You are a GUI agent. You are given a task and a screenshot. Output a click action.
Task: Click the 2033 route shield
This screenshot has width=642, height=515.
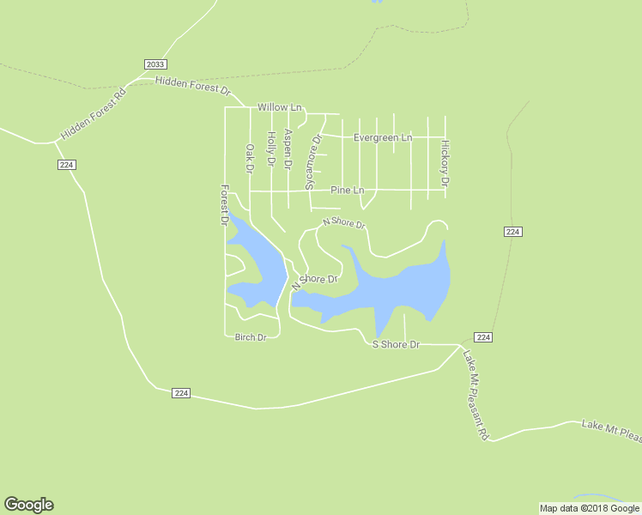point(155,64)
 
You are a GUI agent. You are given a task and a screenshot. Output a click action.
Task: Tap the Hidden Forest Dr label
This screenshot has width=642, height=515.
point(193,85)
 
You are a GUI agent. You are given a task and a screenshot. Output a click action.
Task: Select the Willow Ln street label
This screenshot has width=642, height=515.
point(280,108)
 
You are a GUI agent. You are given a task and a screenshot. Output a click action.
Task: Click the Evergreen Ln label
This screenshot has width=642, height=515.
point(383,137)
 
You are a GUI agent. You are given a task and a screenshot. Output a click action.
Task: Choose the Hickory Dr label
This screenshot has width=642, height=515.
point(445,163)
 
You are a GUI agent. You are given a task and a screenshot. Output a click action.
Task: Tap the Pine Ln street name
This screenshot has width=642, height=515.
point(347,190)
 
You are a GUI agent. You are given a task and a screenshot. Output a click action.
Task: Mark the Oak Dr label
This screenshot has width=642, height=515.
point(250,160)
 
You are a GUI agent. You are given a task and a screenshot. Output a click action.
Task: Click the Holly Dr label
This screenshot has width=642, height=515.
point(270,148)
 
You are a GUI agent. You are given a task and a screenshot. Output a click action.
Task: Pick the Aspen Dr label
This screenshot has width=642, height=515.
point(288,148)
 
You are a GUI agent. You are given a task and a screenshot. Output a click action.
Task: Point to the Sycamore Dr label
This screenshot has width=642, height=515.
point(313,161)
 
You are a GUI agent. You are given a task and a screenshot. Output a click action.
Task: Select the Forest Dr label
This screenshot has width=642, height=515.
point(224,205)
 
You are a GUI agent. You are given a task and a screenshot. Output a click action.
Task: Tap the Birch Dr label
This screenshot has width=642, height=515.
point(251,337)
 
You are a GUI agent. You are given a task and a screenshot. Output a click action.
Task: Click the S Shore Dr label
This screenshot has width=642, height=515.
point(395,344)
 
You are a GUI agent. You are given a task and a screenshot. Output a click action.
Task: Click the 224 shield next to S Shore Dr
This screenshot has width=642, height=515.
point(483,337)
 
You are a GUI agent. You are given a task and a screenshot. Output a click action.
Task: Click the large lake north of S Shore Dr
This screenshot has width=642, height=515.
point(403,288)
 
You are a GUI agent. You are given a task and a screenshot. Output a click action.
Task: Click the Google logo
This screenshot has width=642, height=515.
point(28,505)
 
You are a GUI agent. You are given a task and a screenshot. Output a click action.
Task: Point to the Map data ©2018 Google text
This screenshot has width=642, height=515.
point(590,508)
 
